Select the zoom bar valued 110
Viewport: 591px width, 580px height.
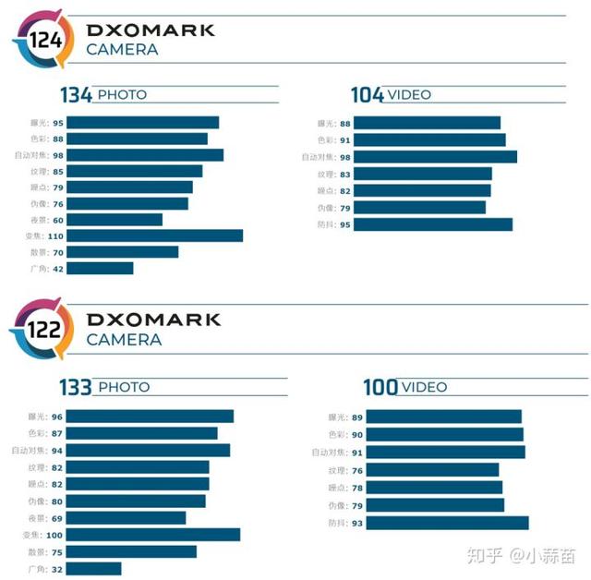tap(154, 236)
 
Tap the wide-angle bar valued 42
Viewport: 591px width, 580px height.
tap(100, 269)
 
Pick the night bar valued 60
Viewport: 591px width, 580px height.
tap(115, 220)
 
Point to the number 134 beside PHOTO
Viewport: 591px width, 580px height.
tap(77, 94)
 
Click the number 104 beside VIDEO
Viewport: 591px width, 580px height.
tap(368, 94)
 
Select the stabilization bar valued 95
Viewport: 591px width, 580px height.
tap(432, 224)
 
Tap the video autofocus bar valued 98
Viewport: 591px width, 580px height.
tap(435, 157)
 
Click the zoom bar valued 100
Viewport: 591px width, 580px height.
tap(152, 535)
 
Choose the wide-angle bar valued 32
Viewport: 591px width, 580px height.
tap(93, 569)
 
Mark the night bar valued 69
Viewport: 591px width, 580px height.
tap(126, 518)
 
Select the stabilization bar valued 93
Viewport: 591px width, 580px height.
tap(440, 524)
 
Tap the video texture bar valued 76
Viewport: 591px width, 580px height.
tap(426, 469)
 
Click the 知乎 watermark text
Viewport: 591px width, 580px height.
tap(484, 555)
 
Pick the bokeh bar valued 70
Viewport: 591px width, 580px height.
tap(122, 252)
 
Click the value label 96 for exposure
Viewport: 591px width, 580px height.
tap(57, 417)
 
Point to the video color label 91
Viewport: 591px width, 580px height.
tap(345, 140)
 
